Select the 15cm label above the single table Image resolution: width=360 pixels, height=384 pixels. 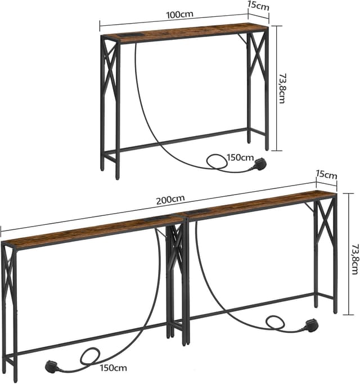coord(258,6)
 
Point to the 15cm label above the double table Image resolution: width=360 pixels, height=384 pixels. coord(326,175)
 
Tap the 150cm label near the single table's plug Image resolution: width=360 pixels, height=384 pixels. coord(240,157)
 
